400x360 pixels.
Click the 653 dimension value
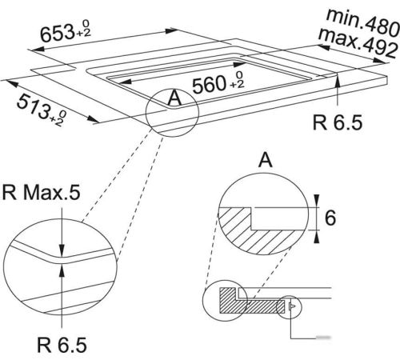[58, 33]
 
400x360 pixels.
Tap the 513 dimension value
[34, 106]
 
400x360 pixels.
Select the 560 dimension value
[209, 85]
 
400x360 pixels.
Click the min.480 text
[363, 22]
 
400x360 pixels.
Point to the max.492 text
[358, 42]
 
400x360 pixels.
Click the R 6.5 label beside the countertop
[338, 122]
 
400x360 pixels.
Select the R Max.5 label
[41, 192]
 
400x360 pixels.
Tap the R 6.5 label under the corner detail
[62, 345]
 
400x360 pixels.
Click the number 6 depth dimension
[330, 218]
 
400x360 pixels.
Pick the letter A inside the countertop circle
[174, 98]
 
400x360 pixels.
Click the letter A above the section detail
[266, 160]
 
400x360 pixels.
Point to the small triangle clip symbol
[292, 306]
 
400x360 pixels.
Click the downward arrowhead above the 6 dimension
[317, 201]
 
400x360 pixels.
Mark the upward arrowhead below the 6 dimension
[317, 236]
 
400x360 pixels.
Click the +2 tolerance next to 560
[237, 85]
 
